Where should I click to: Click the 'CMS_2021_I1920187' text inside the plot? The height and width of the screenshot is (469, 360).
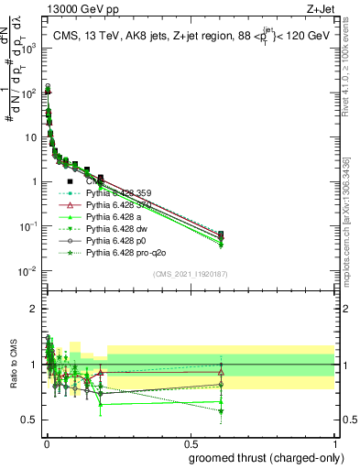point(190,274)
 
